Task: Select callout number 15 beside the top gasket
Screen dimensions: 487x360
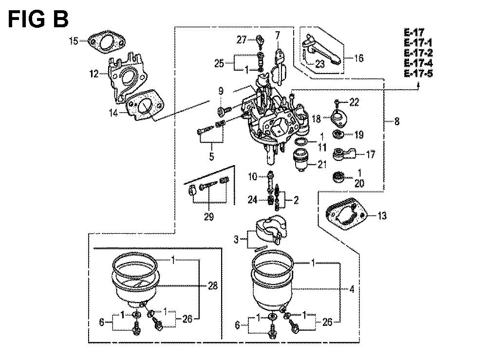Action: point(74,41)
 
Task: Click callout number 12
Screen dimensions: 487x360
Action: point(94,74)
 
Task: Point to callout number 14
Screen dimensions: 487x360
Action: point(113,113)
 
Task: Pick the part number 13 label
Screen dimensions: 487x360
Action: point(382,215)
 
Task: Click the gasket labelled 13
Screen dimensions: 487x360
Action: point(346,214)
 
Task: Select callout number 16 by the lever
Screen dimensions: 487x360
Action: point(359,58)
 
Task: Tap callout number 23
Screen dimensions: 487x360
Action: point(319,64)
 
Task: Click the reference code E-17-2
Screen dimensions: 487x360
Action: point(418,53)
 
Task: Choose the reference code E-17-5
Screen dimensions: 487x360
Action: point(418,74)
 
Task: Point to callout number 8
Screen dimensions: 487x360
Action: point(396,121)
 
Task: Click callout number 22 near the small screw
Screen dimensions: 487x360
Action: point(354,102)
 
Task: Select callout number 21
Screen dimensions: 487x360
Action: point(322,164)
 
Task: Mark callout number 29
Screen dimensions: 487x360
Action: point(209,216)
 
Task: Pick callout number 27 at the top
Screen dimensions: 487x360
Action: point(242,40)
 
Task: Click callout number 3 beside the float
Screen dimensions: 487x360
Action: point(236,240)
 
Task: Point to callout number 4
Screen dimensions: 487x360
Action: point(352,289)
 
